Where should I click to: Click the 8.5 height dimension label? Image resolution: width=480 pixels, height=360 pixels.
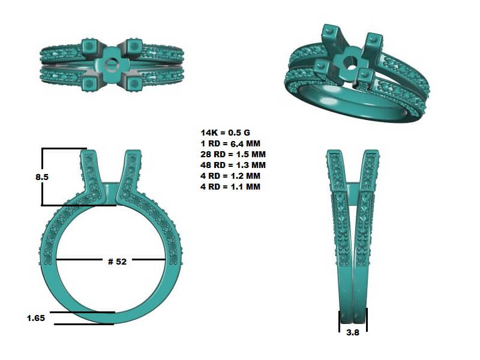coord(42,177)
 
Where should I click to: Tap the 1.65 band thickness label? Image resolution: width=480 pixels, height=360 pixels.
coord(36,318)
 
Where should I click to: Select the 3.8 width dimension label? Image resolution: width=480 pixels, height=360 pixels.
coord(353,332)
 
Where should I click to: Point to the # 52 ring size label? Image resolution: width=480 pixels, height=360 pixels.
coord(117,262)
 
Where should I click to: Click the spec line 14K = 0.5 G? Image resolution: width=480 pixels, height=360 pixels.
coord(226,133)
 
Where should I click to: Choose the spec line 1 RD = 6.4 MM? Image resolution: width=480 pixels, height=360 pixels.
coord(230,143)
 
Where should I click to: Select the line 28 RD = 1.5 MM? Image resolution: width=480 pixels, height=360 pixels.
coord(233,154)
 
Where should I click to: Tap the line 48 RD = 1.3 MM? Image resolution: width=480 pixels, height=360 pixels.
coord(233,165)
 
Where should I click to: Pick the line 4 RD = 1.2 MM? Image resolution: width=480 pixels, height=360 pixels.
coord(230,176)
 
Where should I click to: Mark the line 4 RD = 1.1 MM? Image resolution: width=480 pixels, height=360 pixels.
coord(230,187)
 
